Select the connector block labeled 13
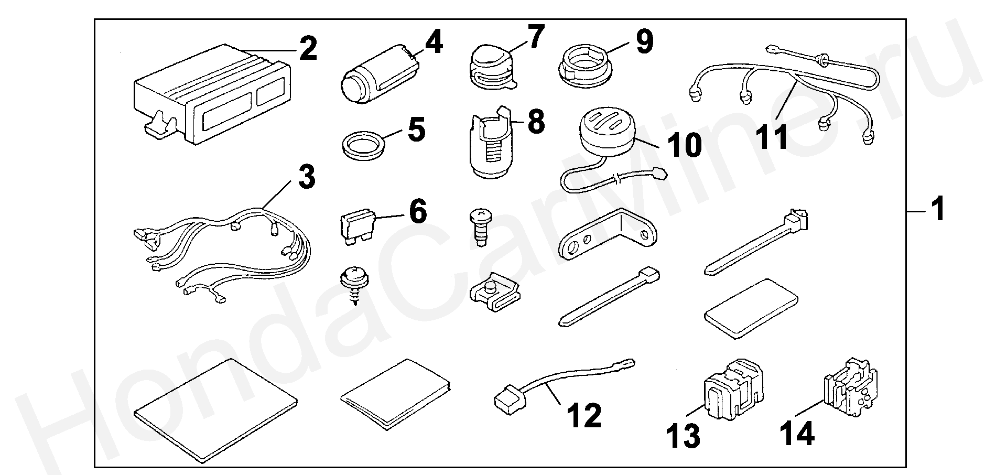click(732, 390)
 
